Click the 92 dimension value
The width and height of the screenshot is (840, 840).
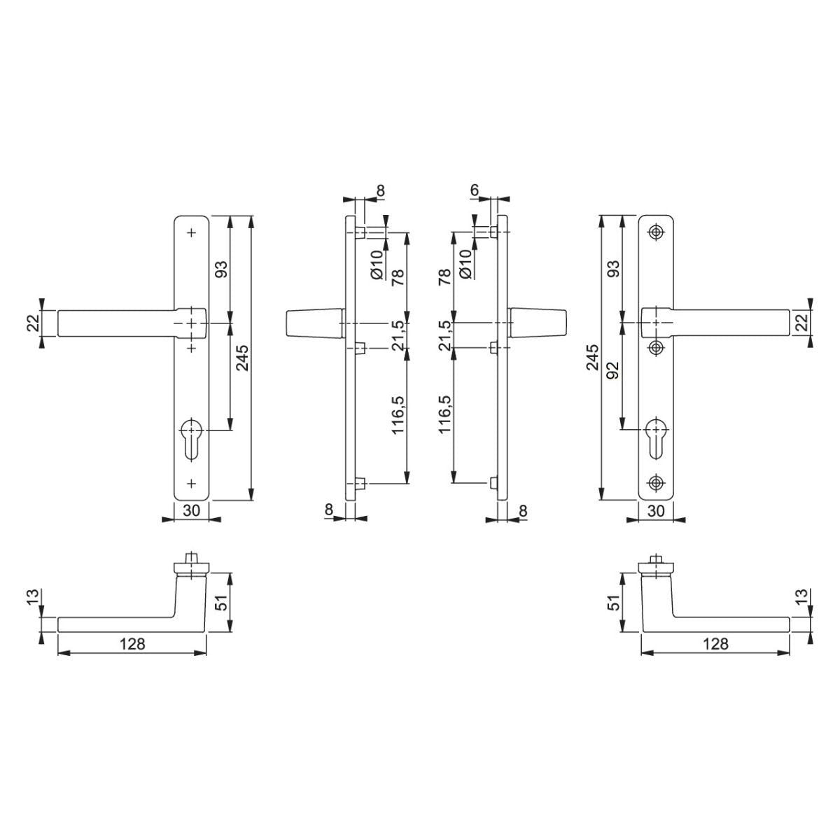click(612, 370)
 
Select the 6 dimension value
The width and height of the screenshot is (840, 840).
click(475, 190)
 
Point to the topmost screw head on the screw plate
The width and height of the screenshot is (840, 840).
click(656, 232)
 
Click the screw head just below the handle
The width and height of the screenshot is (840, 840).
click(656, 346)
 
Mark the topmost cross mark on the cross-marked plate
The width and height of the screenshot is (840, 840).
click(191, 232)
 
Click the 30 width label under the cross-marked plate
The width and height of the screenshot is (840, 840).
click(191, 511)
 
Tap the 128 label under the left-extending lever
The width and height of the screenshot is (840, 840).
click(132, 644)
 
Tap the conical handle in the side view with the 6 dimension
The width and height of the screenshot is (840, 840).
click(538, 323)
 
